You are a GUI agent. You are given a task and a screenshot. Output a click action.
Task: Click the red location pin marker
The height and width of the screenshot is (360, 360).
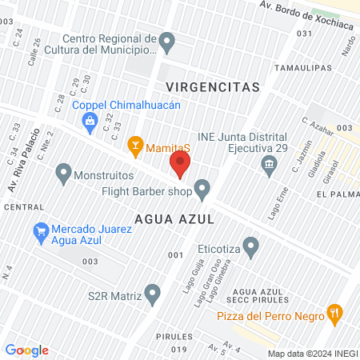point(179,166)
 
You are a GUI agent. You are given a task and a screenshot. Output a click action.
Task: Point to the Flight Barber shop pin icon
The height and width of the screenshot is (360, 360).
point(203,190)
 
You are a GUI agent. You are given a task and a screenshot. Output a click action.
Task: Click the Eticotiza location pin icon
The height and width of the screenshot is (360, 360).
point(251,247)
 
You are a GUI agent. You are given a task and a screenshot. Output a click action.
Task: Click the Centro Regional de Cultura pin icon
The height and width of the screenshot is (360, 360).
point(167,40)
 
